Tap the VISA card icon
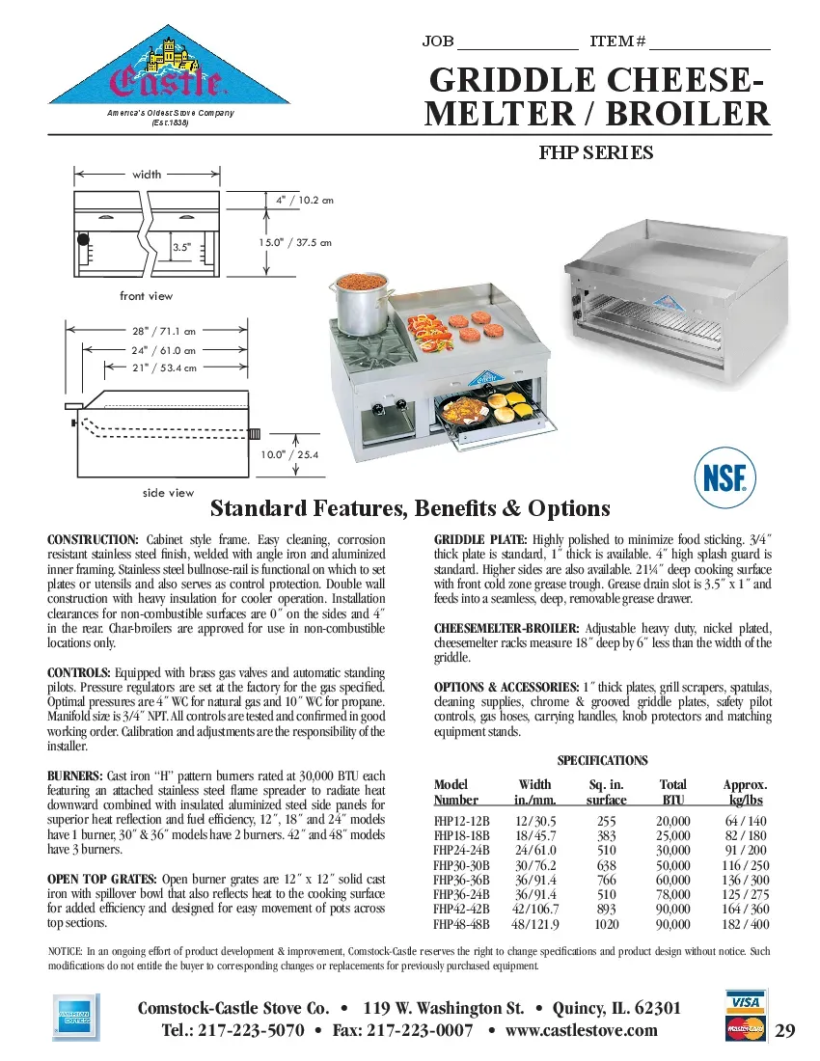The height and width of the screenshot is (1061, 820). coord(745,1003)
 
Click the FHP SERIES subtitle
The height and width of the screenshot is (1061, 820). coord(595,152)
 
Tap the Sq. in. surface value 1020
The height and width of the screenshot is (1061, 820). coord(606,924)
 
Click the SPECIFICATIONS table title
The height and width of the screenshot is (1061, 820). coord(602,761)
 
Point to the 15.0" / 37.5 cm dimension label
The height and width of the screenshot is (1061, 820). coord(294,242)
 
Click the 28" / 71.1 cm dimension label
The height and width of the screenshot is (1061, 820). coord(163,331)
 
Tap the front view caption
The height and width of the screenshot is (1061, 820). coord(147,296)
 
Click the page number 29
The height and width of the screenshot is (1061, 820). coord(784,1031)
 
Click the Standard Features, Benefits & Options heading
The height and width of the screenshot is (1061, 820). coord(410,508)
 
